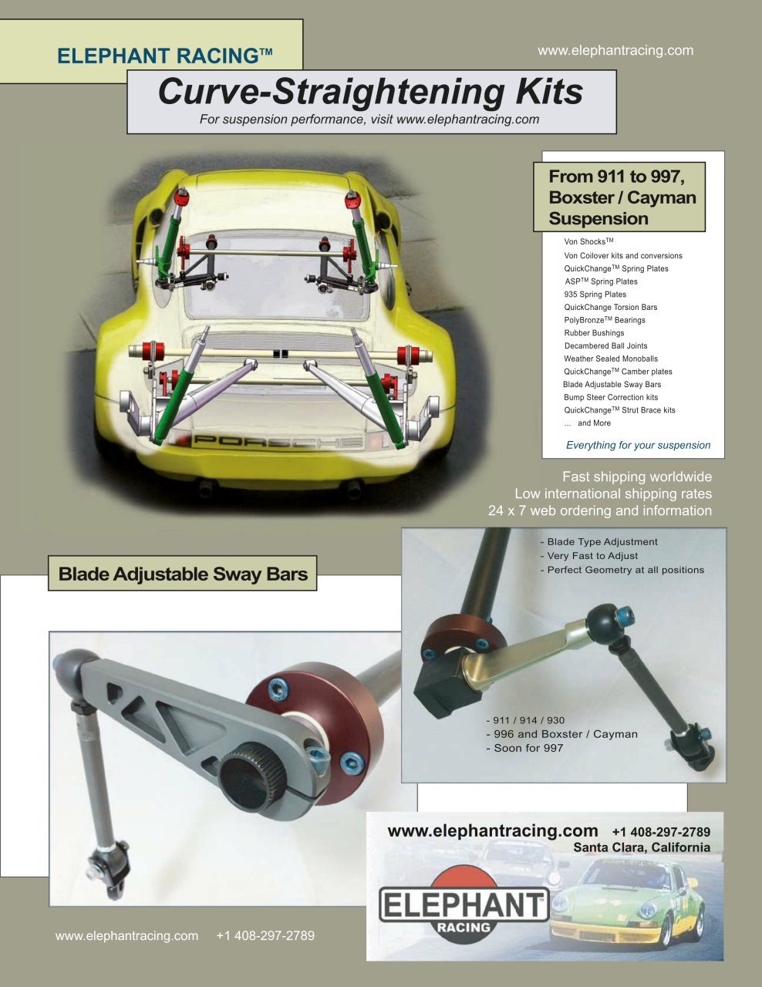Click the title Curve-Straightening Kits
370,92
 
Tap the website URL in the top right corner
615,51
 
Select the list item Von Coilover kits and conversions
622,256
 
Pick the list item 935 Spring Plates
595,295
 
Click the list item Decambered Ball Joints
605,346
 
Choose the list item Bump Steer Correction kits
610,398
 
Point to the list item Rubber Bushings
594,333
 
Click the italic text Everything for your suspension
638,445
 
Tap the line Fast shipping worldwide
636,477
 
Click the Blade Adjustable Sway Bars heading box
183,574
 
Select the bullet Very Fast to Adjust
592,556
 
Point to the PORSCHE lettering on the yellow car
277,442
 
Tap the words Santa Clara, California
641,847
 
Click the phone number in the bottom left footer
265,936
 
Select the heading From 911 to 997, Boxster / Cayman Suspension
622,197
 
